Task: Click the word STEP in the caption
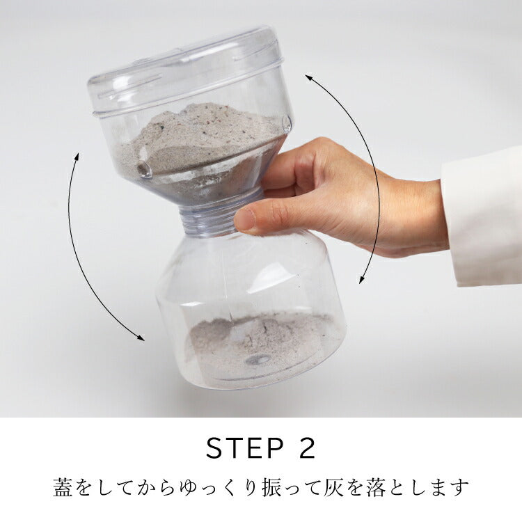245,448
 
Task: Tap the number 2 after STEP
305,448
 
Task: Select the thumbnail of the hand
245,220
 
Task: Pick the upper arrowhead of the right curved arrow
308,78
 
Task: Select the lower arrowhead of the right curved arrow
361,280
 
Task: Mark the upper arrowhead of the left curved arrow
77,156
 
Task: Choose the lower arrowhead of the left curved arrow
141,338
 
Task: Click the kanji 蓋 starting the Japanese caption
63,487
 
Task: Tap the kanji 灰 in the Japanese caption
333,487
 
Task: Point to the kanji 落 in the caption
377,487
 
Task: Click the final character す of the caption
460,487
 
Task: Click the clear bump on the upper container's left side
145,170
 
